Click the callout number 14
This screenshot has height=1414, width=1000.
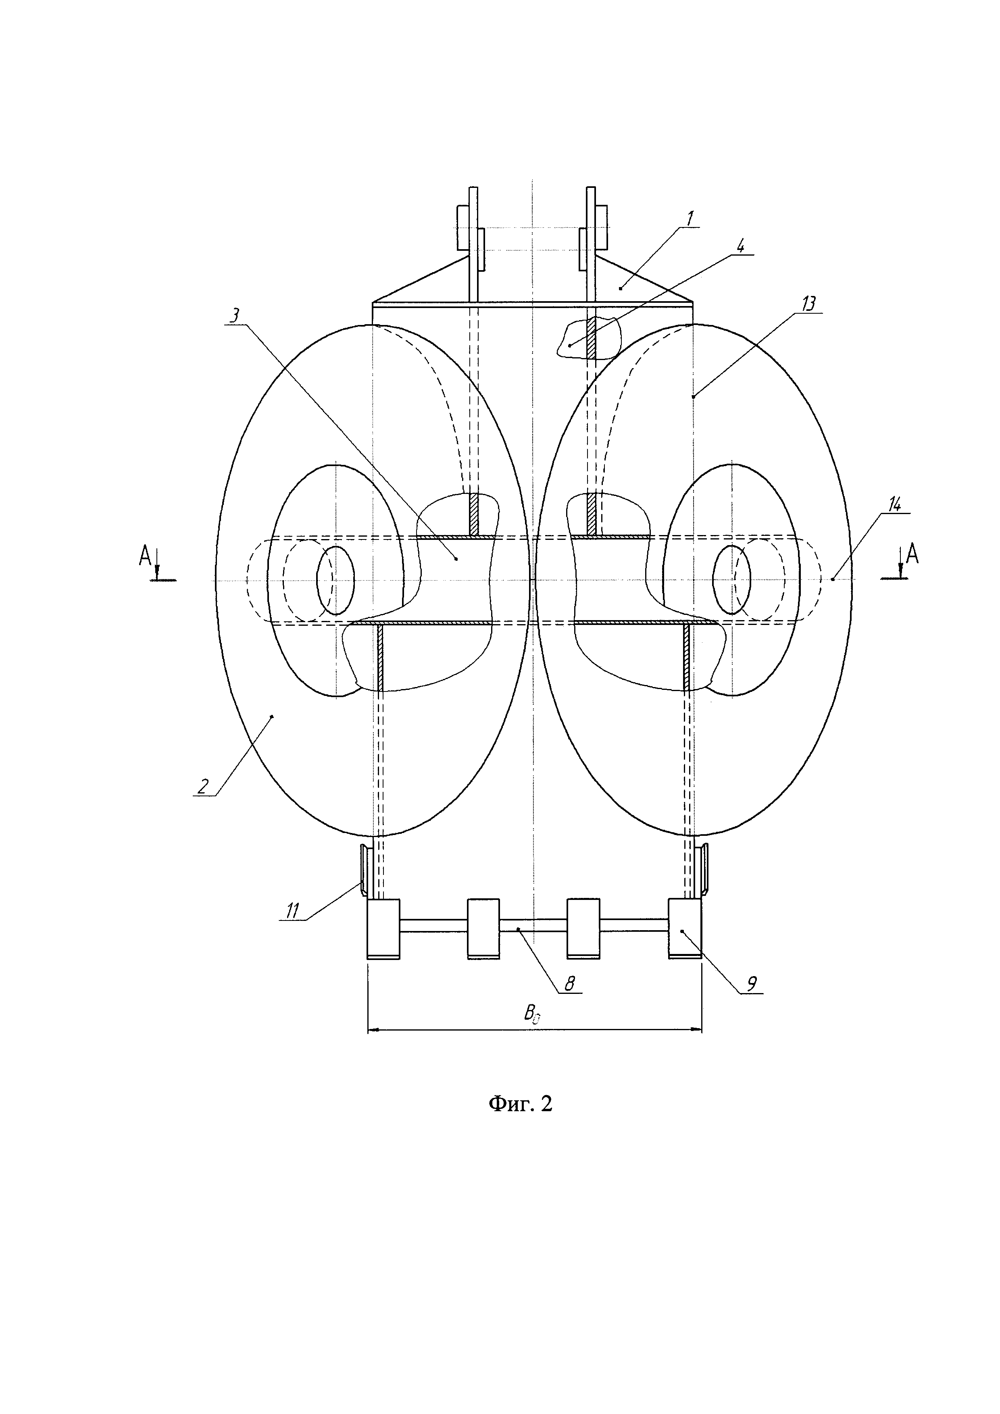click(894, 504)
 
